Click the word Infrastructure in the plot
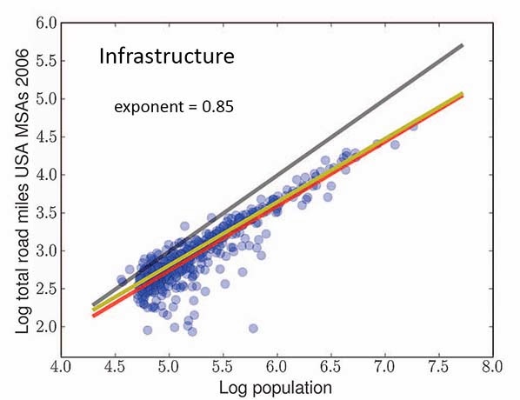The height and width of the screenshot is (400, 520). click(167, 56)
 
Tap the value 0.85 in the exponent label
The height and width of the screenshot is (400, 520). click(218, 107)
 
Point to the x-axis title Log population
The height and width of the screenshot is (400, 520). click(276, 388)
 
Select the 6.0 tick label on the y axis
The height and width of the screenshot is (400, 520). click(46, 23)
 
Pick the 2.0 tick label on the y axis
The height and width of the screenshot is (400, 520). click(46, 327)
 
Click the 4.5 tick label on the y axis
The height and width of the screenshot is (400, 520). click(46, 137)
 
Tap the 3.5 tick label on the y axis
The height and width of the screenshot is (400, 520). click(46, 213)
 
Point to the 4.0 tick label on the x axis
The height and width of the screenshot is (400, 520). click(61, 367)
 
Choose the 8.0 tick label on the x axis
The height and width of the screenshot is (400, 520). click(493, 367)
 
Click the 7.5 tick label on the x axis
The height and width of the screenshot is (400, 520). click(439, 367)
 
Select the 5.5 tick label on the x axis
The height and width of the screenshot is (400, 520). click(223, 367)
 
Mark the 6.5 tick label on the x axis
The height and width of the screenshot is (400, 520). click(331, 367)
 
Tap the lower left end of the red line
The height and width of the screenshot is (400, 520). click(94, 316)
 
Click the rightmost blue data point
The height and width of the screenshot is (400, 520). click(414, 126)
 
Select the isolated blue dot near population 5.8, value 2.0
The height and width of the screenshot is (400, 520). click(253, 329)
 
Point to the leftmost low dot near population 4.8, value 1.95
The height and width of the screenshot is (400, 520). click(148, 330)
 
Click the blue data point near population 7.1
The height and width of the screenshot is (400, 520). click(395, 144)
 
